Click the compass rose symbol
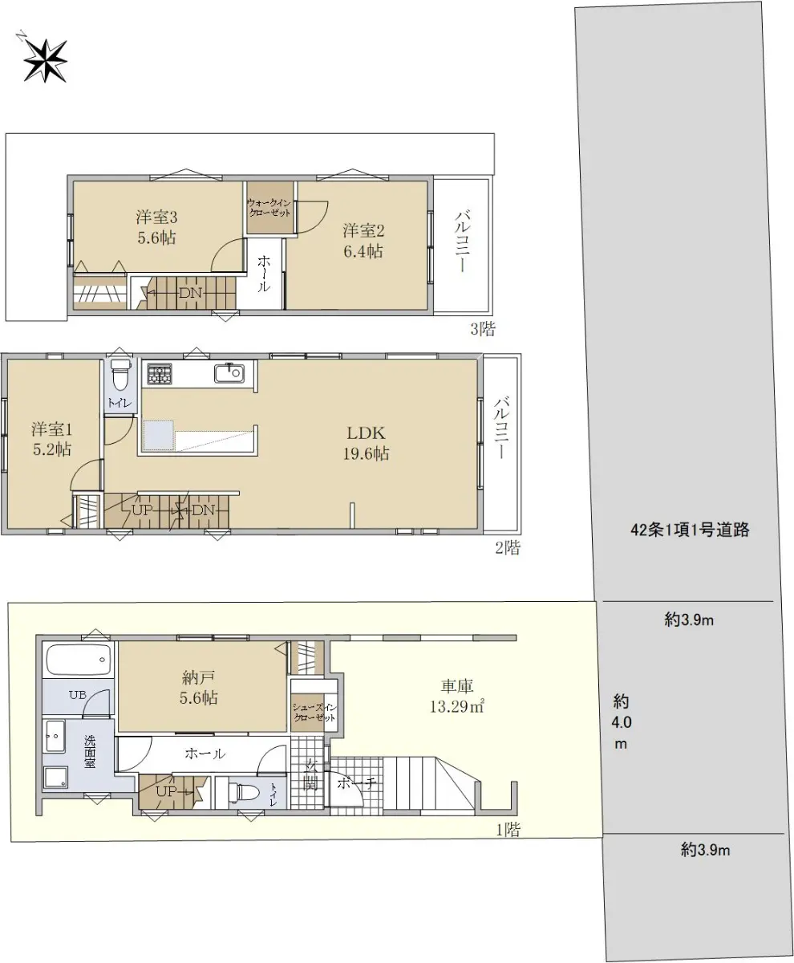(45, 61)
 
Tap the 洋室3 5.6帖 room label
(156, 227)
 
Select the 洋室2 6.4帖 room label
(363, 241)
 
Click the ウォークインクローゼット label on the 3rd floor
(269, 208)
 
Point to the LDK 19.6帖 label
(366, 443)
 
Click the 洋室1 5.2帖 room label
(51, 440)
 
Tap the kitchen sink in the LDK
(229, 373)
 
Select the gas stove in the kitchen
(160, 373)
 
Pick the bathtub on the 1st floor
(79, 660)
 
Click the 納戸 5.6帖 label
(198, 688)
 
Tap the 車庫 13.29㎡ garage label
(456, 697)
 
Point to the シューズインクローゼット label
(315, 713)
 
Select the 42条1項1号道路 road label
(690, 530)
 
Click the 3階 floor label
(483, 329)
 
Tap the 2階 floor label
(508, 548)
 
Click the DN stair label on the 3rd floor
(190, 293)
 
